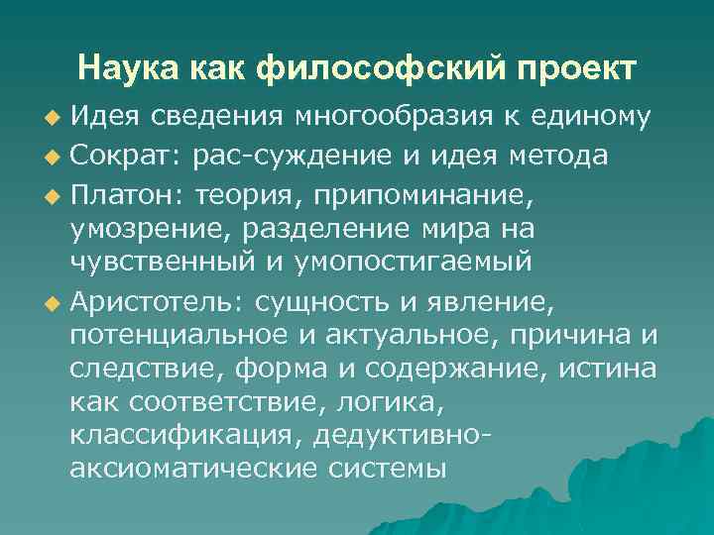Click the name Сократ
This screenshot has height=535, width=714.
113,156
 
